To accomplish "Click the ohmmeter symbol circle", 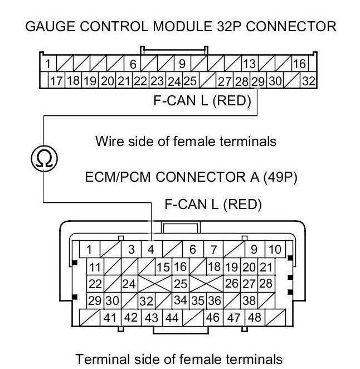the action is [x=44, y=158].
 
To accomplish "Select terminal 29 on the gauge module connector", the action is [x=258, y=81].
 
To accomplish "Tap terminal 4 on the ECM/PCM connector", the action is [x=151, y=249].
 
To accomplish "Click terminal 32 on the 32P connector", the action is [x=309, y=81].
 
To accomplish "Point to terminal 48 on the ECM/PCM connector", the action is [x=255, y=318].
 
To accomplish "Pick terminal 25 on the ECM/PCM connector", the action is [x=181, y=284].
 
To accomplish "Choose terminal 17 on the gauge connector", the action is [x=56, y=81].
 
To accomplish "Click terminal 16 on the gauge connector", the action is [x=300, y=64].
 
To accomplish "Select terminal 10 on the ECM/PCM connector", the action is [x=275, y=249].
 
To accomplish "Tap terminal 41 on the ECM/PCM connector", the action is [x=110, y=318].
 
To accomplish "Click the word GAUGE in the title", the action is [x=50, y=26].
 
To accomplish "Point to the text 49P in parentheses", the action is [x=280, y=177].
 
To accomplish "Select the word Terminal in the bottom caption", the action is [x=103, y=359].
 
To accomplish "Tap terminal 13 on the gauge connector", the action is [x=250, y=64].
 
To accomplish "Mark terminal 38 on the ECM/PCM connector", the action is [x=249, y=300].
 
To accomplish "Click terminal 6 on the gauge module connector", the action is [x=133, y=64].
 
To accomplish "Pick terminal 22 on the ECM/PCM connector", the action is [x=95, y=284].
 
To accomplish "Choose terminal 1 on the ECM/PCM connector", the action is [x=89, y=249].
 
